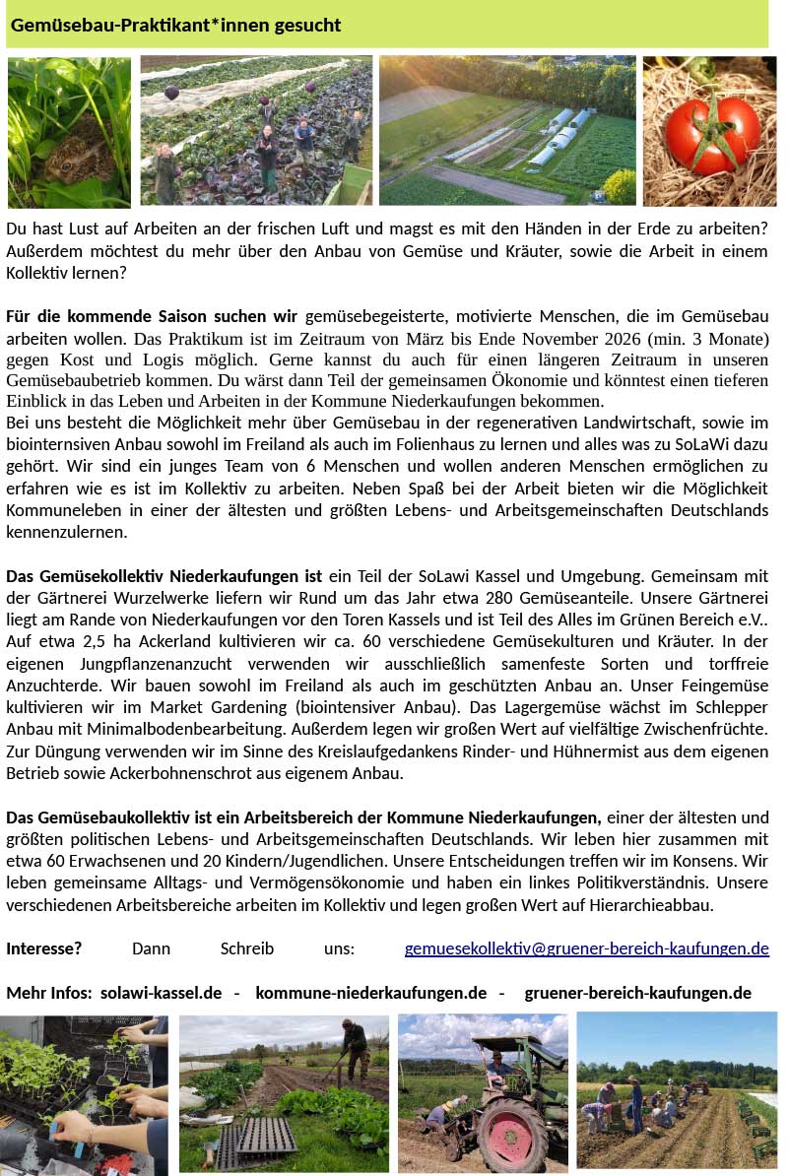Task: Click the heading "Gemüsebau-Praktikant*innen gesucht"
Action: (176, 25)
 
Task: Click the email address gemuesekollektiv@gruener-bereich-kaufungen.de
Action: (586, 948)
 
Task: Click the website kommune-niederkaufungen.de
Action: (370, 992)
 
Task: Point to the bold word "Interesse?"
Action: (43, 948)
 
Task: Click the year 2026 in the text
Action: (617, 338)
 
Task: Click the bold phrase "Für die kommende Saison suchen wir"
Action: (152, 316)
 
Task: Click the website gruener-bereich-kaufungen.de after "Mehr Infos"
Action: (637, 992)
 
